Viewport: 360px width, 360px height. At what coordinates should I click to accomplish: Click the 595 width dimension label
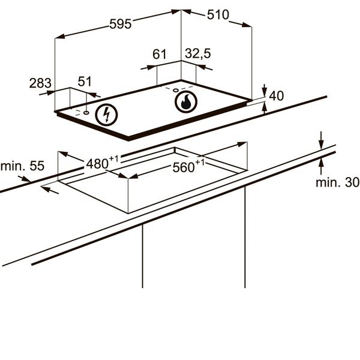tap(121, 24)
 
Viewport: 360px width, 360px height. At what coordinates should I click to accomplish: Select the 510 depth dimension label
tap(218, 15)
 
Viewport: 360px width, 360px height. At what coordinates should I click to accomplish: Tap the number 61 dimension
tap(160, 54)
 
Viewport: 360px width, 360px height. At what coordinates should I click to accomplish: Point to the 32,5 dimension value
tap(197, 53)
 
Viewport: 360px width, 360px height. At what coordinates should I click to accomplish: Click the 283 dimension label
tap(40, 83)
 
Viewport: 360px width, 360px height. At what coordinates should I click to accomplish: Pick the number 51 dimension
tap(85, 81)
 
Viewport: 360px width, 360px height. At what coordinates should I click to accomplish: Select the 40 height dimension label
tap(277, 96)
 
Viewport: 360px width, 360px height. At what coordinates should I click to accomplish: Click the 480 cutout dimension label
tap(102, 163)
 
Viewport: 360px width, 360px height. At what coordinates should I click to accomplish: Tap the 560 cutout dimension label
tap(188, 166)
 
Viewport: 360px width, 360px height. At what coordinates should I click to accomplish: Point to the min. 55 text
tap(22, 166)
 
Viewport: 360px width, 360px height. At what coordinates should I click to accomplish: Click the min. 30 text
tap(337, 182)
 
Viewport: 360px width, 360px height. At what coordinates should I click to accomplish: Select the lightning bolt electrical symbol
tap(106, 115)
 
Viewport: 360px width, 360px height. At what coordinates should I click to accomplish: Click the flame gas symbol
tap(186, 102)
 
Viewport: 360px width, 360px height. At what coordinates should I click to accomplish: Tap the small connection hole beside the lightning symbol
tap(86, 113)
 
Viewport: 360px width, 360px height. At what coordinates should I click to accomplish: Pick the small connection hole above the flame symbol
tap(176, 90)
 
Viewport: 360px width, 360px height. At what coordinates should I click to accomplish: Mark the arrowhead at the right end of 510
tap(247, 25)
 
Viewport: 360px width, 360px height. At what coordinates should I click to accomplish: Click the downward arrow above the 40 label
tap(265, 90)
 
